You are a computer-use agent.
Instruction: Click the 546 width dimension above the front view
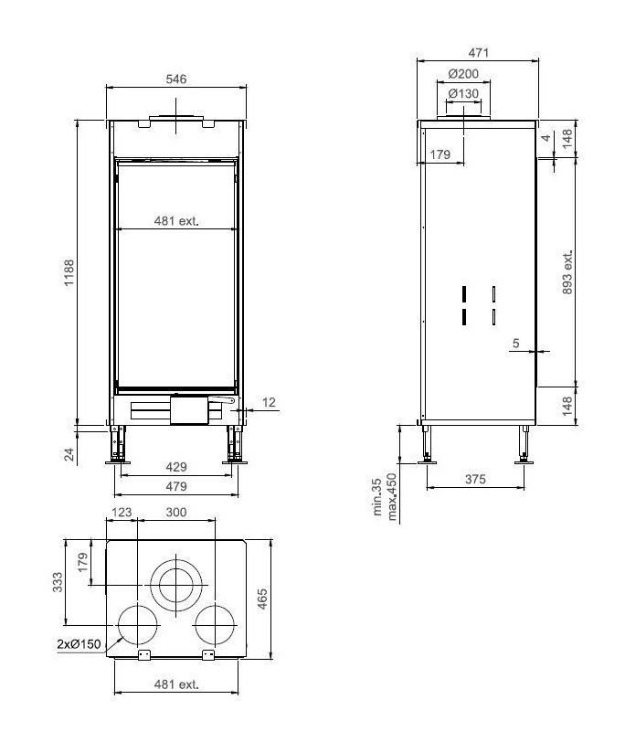pos(176,79)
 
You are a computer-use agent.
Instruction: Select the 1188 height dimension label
pos(69,273)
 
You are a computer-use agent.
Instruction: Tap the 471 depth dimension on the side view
pos(476,53)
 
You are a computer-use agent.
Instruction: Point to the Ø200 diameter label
pos(464,74)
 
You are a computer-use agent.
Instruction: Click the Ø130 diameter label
pos(464,93)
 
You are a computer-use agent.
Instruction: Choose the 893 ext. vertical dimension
pos(567,272)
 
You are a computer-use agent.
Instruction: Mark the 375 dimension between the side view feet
pos(473,479)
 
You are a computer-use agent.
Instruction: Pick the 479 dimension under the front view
pos(175,485)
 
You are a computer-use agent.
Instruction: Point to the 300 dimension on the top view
pos(175,513)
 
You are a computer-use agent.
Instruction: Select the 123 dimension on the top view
pos(122,513)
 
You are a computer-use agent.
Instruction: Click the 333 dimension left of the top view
pos(58,581)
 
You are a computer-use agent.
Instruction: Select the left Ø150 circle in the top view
pos(136,626)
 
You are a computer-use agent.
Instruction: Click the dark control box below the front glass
pos(189,409)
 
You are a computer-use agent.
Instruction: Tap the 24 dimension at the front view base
pos(69,453)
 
